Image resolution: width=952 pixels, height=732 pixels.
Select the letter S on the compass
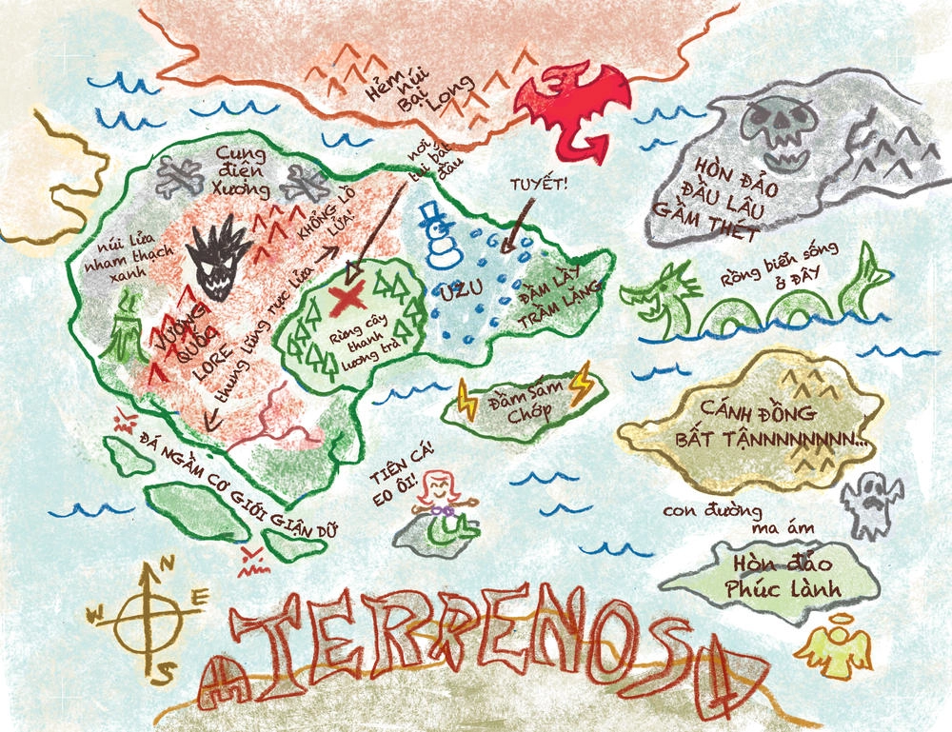pos(165,671)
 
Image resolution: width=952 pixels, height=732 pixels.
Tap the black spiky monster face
pos(220,257)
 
